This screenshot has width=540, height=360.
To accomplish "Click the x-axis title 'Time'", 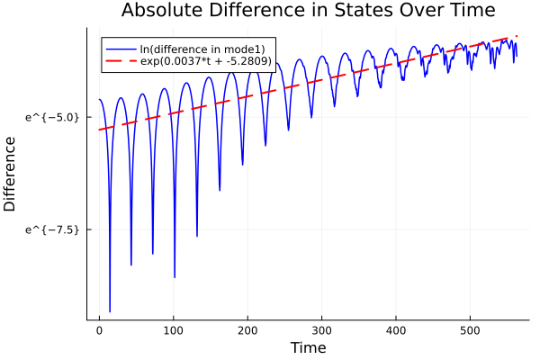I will click(308, 347).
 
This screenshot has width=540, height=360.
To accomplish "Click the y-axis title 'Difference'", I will click(11, 174).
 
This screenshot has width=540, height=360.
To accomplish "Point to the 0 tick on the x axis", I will click(99, 330).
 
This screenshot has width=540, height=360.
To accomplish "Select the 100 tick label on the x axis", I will click(173, 330).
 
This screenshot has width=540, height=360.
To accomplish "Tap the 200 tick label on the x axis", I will click(247, 330).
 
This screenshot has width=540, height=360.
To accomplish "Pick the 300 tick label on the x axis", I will click(321, 330).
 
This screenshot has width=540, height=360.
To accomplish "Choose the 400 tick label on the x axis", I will click(395, 330).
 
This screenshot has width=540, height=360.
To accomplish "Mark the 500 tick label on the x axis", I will click(469, 330).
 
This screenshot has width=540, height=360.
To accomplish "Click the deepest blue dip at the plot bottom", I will click(110, 311).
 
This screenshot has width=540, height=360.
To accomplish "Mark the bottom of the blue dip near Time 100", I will click(175, 277).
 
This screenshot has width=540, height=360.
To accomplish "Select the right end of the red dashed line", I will click(517, 36).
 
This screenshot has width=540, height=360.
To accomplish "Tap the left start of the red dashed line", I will click(99, 130).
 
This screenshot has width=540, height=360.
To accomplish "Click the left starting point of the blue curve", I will click(99, 100).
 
